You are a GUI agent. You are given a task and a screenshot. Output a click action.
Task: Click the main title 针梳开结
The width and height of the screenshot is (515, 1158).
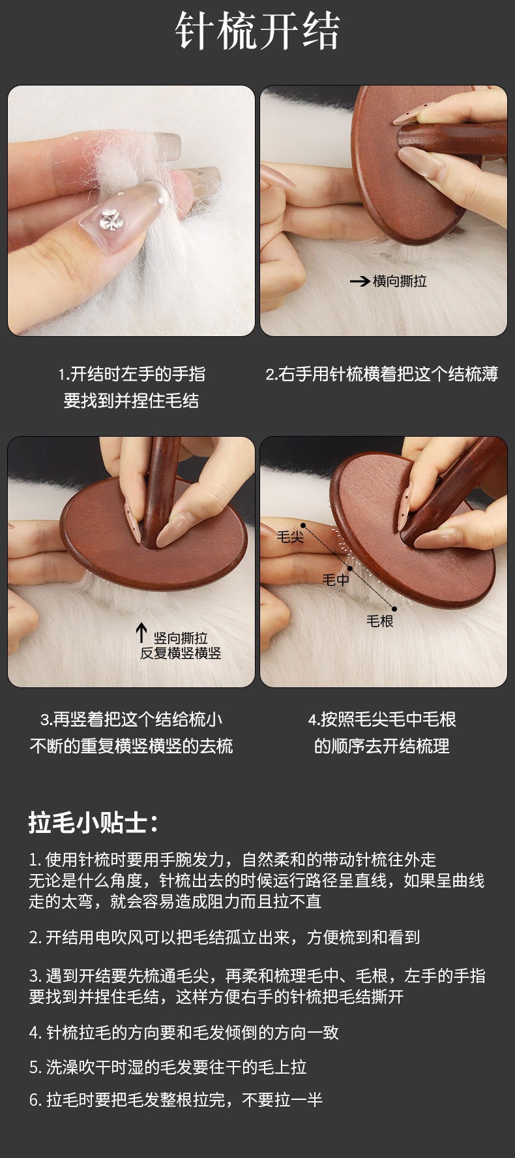pyautogui.click(x=257, y=31)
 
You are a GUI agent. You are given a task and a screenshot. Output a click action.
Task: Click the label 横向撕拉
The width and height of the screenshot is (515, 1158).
pyautogui.click(x=400, y=281)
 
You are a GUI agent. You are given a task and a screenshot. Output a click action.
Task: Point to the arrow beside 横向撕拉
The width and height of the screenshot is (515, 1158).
pyautogui.click(x=360, y=282)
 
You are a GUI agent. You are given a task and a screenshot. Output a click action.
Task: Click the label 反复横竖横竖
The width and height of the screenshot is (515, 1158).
pyautogui.click(x=181, y=653)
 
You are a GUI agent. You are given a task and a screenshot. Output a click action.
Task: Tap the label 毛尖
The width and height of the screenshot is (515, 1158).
pyautogui.click(x=290, y=537)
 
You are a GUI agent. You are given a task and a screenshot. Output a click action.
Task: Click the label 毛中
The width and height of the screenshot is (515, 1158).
pyautogui.click(x=336, y=579)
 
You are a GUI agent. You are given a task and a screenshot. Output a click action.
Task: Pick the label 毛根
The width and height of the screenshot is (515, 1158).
pyautogui.click(x=379, y=621)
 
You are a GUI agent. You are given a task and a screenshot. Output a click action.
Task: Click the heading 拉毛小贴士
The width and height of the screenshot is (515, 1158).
pyautogui.click(x=93, y=822)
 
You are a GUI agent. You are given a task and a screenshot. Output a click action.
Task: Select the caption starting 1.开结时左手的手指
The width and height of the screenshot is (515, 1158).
pyautogui.click(x=132, y=387)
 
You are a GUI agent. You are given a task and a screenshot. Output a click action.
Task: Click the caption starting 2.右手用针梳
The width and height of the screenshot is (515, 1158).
pyautogui.click(x=382, y=374)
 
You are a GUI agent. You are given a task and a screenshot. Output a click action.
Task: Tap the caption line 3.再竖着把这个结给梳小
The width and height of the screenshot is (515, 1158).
pyautogui.click(x=132, y=719)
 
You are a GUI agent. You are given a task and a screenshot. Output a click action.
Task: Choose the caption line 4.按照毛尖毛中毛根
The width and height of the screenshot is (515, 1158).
pyautogui.click(x=382, y=719)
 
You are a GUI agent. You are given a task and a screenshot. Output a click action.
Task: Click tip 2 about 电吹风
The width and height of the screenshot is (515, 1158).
pyautogui.click(x=224, y=937)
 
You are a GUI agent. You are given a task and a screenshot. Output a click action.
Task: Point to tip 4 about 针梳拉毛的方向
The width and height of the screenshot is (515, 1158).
pyautogui.click(x=184, y=1033)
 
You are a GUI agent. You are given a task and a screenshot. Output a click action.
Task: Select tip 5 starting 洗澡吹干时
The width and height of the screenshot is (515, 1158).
pyautogui.click(x=168, y=1067)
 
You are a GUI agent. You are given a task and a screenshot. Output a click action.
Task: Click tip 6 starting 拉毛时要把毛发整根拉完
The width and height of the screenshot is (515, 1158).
pyautogui.click(x=176, y=1100)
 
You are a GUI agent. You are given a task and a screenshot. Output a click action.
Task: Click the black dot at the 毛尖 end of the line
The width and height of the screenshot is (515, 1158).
pyautogui.click(x=303, y=526)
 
